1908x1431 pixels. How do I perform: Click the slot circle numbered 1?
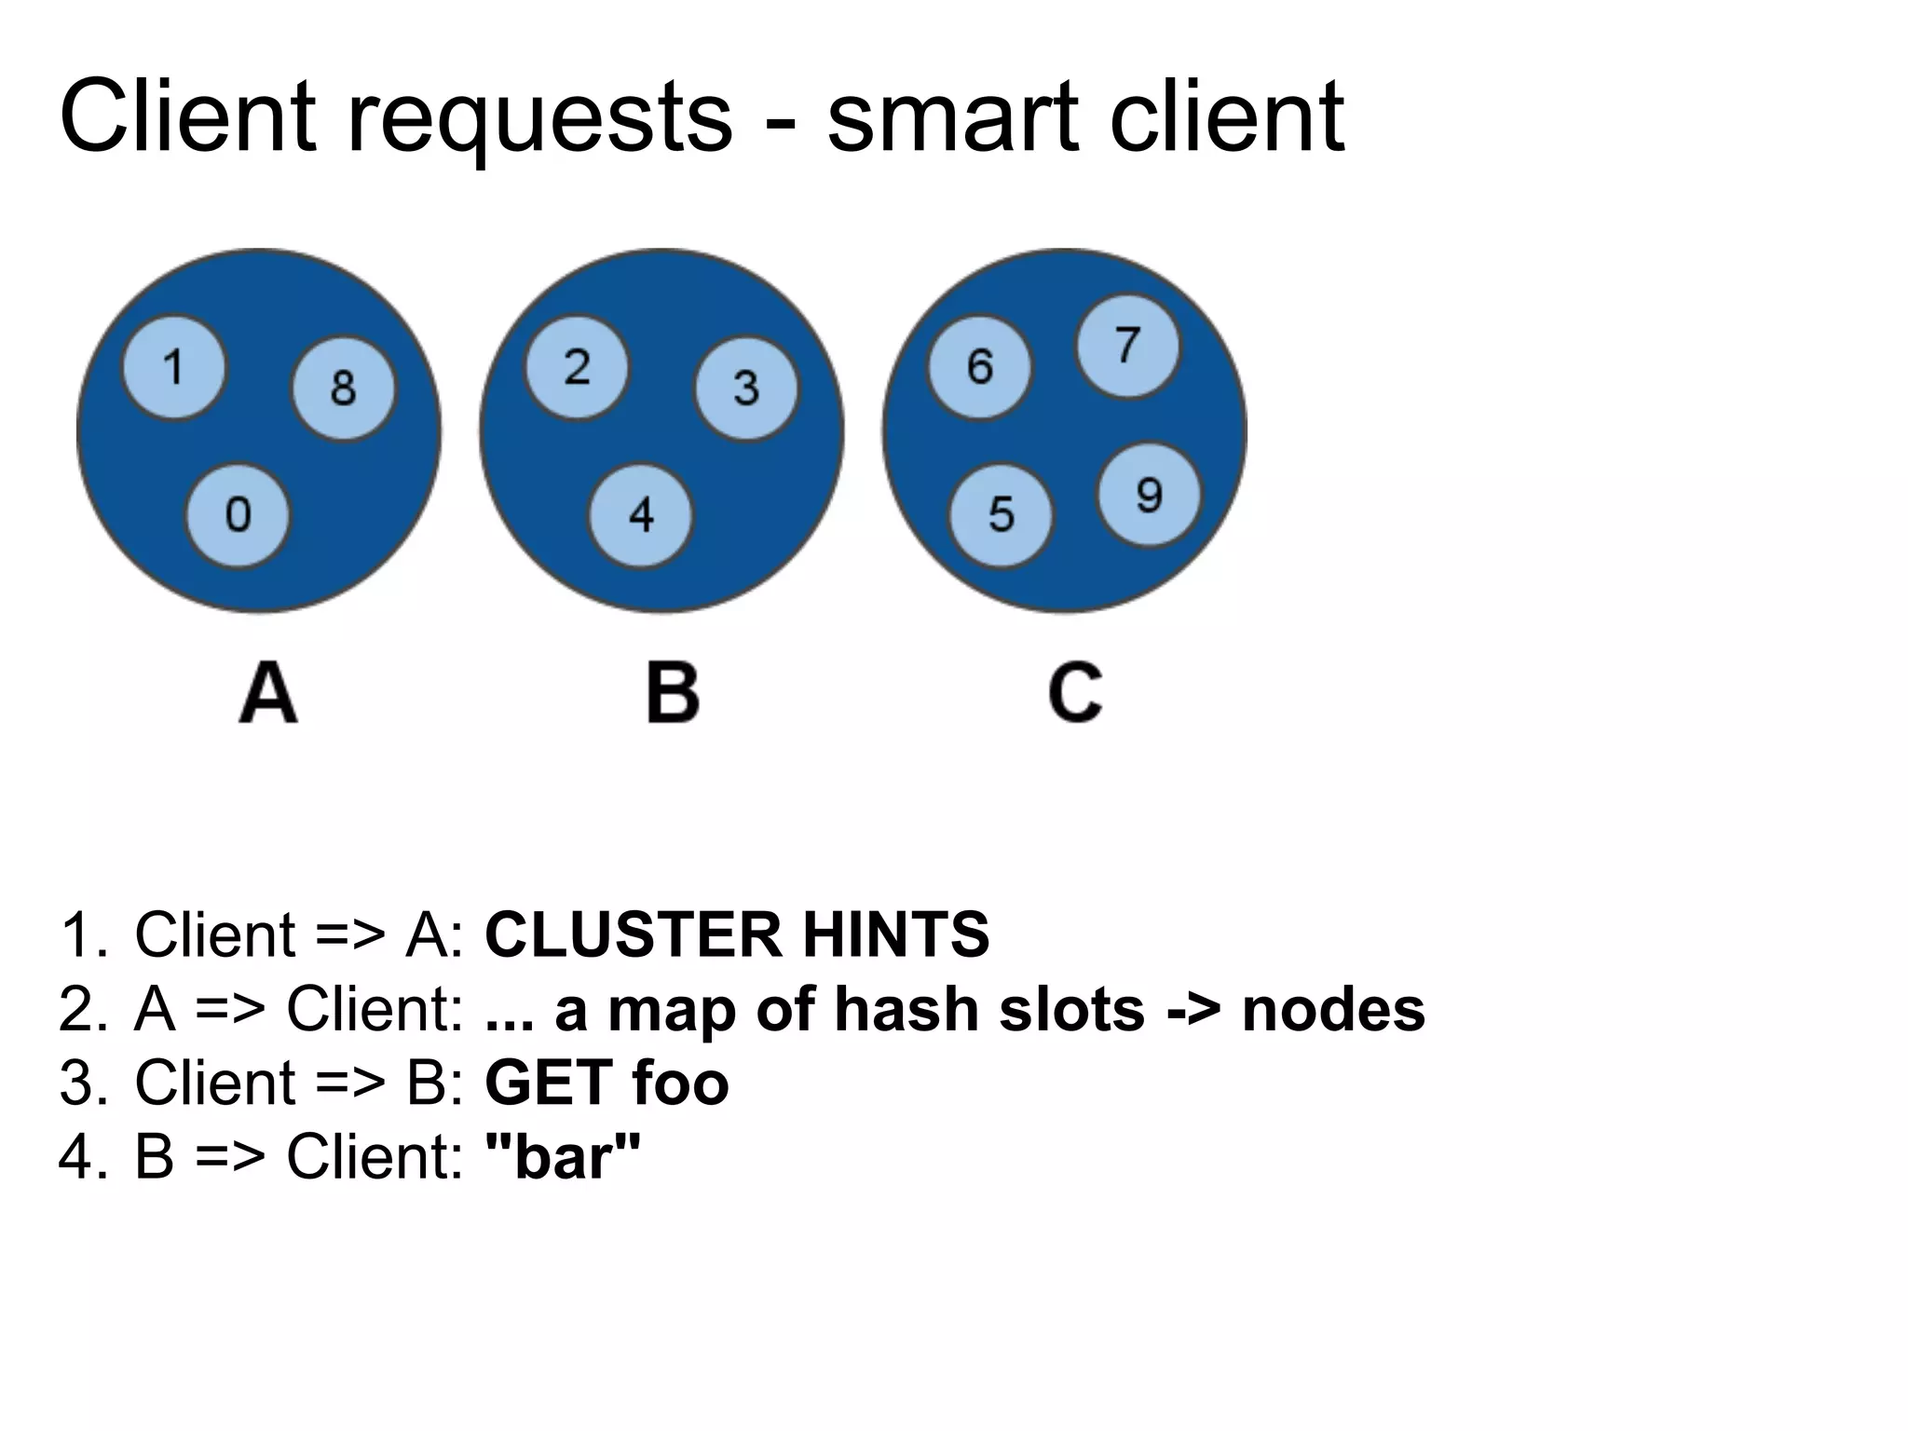coord(174,368)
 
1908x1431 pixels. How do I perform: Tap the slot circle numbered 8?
coord(343,388)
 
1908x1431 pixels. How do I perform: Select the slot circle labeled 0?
coord(238,514)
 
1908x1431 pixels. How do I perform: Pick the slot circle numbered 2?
coord(577,367)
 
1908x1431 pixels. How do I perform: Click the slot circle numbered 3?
coord(746,388)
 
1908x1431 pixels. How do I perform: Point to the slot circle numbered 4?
coord(641,514)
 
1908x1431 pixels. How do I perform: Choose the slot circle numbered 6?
coord(979,367)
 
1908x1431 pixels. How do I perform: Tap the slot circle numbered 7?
coord(1127,346)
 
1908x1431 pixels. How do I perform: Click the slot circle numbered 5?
coord(1001,514)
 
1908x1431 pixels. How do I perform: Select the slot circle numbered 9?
coord(1149,495)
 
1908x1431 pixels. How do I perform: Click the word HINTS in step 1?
coord(895,934)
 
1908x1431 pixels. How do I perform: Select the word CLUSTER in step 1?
coord(633,934)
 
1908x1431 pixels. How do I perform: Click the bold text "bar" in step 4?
coord(564,1157)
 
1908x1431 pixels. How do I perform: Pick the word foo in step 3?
coord(680,1083)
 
